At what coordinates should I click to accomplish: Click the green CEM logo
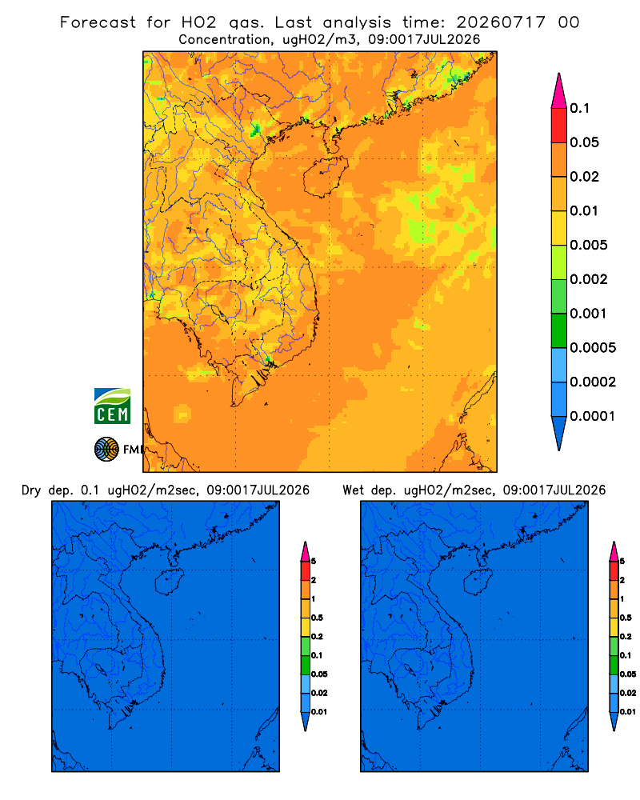(x=112, y=406)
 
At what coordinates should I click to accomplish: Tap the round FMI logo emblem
(x=106, y=450)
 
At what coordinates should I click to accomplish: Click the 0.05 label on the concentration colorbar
(x=584, y=142)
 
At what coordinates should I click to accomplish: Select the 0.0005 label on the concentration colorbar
(x=593, y=348)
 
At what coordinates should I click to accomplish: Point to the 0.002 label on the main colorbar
(x=589, y=279)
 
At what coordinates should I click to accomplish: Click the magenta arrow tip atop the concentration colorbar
(x=559, y=91)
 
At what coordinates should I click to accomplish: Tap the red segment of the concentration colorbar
(x=559, y=126)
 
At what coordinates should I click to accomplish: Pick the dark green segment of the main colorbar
(x=559, y=330)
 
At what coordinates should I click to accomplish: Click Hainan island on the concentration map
(x=325, y=177)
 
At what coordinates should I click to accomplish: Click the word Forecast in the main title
(x=98, y=22)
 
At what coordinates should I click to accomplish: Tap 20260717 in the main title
(x=501, y=22)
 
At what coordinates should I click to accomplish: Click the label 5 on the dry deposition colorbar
(x=314, y=562)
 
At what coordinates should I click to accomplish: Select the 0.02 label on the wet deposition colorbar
(x=628, y=693)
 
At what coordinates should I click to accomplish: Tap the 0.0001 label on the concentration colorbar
(x=593, y=416)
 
